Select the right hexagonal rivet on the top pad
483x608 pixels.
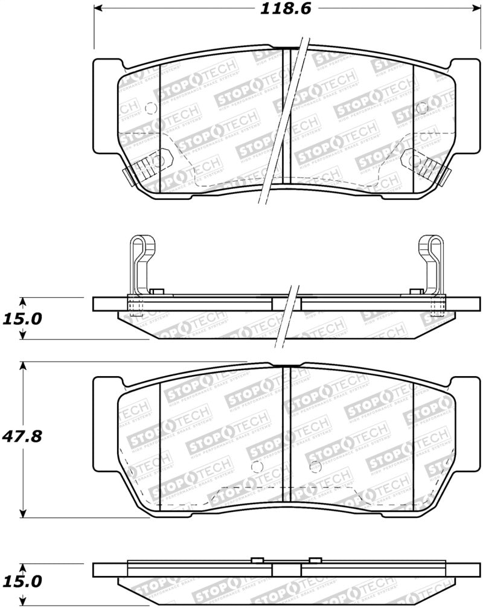click(x=415, y=161)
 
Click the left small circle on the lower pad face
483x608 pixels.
click(x=257, y=467)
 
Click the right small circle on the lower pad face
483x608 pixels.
click(x=314, y=467)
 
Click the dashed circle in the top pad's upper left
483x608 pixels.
click(x=150, y=108)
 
